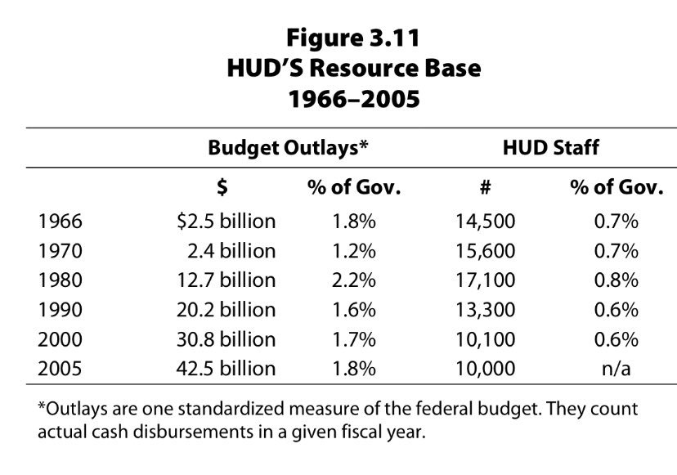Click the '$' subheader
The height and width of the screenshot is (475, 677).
coord(222,187)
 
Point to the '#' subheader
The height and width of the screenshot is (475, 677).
coord(485,187)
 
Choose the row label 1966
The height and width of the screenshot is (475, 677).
coord(61,221)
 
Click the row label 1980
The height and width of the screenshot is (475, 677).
coord(61,280)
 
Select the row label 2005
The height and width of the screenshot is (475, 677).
coord(61,368)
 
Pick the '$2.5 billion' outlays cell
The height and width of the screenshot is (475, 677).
coord(226,221)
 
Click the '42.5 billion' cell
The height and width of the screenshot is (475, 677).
coord(226,368)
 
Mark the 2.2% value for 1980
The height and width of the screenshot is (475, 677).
coord(353,280)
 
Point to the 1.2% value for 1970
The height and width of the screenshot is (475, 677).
coord(353,250)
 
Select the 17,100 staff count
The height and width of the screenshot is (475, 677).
coord(485,280)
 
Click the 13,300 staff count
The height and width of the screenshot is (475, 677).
coord(485,310)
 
